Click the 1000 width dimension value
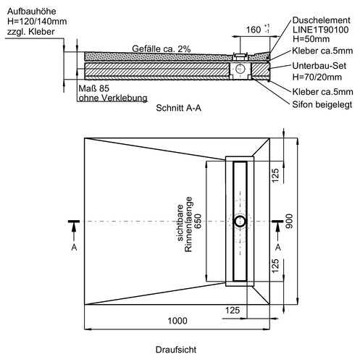pos(177,321)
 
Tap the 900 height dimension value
pos(289,221)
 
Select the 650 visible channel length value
pos(198,222)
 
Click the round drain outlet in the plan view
pos(240,222)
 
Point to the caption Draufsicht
pos(176,350)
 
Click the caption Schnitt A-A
pos(178,108)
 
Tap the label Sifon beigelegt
pos(322,105)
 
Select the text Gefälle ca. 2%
pos(162,49)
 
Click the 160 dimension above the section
pos(254,30)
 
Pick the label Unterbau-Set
pos(319,66)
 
